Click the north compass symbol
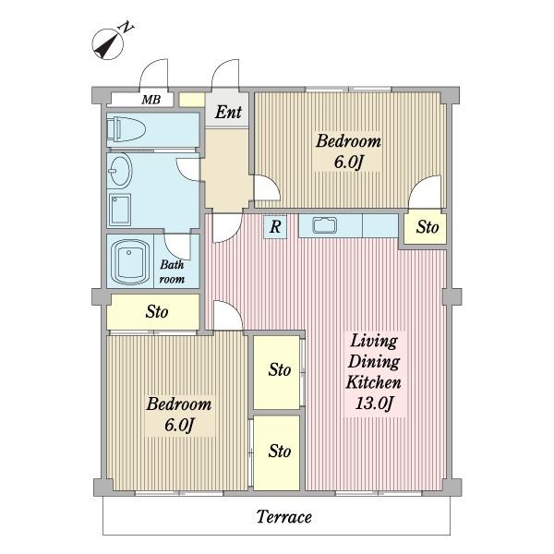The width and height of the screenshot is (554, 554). pyautogui.click(x=110, y=42)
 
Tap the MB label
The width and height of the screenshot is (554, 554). pyautogui.click(x=151, y=100)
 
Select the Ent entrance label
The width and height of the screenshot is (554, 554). pyautogui.click(x=228, y=112)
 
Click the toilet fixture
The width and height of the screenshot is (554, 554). pyautogui.click(x=126, y=129)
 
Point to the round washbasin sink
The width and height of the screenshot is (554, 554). pyautogui.click(x=120, y=170)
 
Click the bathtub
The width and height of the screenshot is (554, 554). pyautogui.click(x=129, y=260)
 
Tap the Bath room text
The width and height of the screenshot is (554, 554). pyautogui.click(x=172, y=271)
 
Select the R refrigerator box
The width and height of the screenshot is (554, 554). pyautogui.click(x=275, y=226)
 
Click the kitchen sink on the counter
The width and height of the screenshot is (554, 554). pyautogui.click(x=324, y=225)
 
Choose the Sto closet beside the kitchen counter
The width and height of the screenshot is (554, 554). pyautogui.click(x=426, y=228)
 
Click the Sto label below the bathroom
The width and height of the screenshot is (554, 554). pyautogui.click(x=157, y=312)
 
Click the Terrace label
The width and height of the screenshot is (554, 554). pyautogui.click(x=284, y=517)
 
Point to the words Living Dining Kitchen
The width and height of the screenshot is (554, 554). pyautogui.click(x=374, y=361)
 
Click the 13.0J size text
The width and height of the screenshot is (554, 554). pyautogui.click(x=374, y=403)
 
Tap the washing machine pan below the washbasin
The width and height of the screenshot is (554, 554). pyautogui.click(x=120, y=210)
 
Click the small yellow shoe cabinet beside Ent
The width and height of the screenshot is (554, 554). pyautogui.click(x=192, y=100)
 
